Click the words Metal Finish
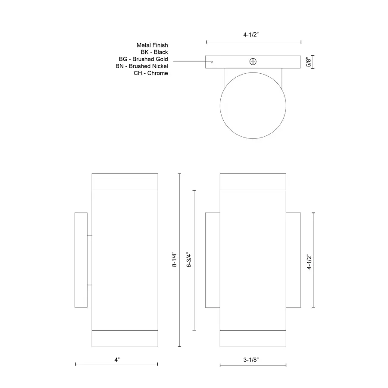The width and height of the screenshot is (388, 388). (152, 45)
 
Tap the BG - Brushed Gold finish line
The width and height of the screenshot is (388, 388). (143, 59)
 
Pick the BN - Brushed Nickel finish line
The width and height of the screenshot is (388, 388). (142, 66)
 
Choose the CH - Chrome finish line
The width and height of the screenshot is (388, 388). (151, 73)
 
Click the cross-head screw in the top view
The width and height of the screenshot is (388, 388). (253, 62)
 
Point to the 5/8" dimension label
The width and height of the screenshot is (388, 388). (308, 62)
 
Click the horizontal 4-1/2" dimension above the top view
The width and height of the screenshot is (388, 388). (253, 36)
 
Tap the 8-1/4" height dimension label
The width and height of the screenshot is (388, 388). (174, 260)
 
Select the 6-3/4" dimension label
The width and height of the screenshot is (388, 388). (188, 260)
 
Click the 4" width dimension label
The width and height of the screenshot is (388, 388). (117, 359)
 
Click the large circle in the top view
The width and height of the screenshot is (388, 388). (253, 106)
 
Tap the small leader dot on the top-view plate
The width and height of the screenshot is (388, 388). (212, 62)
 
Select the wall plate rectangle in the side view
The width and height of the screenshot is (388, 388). (81, 260)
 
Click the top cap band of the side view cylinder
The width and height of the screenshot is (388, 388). (125, 181)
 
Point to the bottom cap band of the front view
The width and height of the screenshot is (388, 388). (253, 339)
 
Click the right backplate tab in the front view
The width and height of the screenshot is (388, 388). (293, 260)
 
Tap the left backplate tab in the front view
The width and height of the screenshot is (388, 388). (213, 260)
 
